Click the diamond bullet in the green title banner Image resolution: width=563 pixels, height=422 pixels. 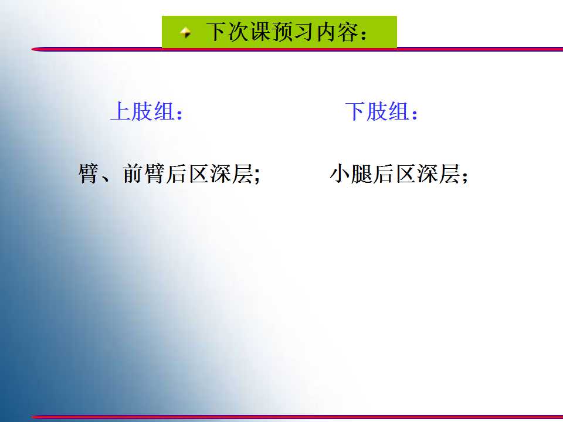pos(186,33)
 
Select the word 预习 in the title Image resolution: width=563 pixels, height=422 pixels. pos(294,32)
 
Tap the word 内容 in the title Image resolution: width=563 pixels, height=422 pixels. pos(338,32)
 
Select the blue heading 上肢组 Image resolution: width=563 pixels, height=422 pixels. pos(143,111)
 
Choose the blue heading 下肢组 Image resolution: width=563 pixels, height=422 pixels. pos(377,111)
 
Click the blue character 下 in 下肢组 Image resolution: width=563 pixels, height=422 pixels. pos(355,111)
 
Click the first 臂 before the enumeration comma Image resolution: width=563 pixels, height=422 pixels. pos(89,173)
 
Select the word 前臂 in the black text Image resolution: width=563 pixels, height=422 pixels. pos(144,173)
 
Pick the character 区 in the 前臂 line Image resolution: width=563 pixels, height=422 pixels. pos(198,173)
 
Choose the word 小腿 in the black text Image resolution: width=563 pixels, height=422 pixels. pos(351,173)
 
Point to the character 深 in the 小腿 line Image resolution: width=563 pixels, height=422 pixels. pos(428,173)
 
